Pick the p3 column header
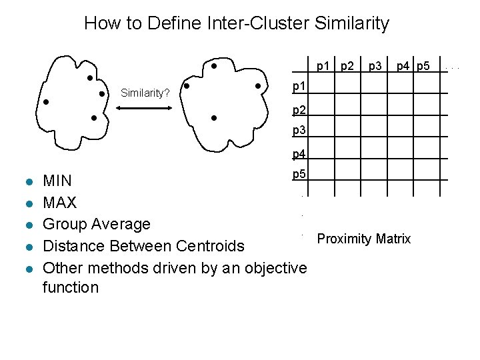[376, 65]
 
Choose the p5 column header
[425, 65]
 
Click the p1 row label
[300, 86]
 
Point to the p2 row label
[300, 109]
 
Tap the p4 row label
[300, 155]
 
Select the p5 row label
[300, 175]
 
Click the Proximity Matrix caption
[364, 239]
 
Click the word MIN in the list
[58, 181]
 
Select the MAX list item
[59, 202]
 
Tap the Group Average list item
[97, 224]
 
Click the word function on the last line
[71, 288]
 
